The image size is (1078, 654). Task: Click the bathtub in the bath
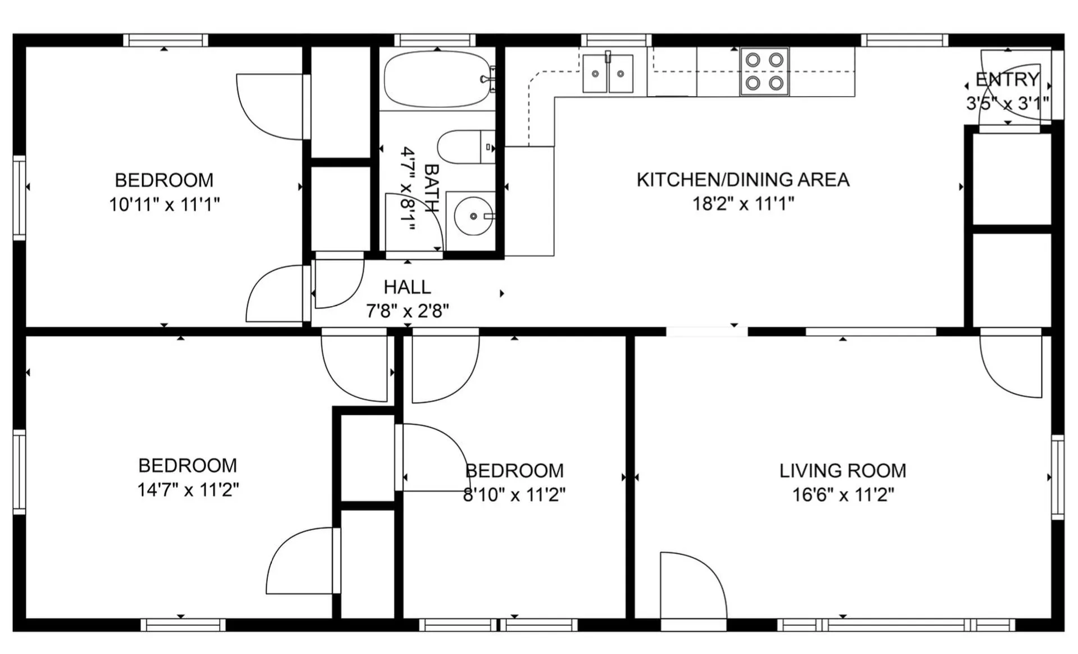437,79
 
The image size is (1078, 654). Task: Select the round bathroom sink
473,216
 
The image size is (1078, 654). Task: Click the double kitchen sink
607,74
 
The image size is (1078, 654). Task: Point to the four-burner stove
764,71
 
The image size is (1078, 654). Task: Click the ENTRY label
1007,80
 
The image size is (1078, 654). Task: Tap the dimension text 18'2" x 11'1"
743,203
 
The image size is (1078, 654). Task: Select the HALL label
407,287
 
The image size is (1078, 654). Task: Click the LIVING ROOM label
842,470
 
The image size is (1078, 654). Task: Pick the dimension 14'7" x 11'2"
188,489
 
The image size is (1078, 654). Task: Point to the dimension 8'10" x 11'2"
514,494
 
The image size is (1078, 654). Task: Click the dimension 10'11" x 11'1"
164,205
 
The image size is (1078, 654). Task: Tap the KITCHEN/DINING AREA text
742,180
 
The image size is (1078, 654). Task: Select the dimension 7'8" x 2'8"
407,311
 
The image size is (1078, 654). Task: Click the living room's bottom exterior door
693,624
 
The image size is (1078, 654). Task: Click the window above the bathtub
435,40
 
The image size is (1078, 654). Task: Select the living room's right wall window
1057,476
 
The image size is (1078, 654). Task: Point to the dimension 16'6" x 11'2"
842,494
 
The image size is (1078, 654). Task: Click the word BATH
431,188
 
